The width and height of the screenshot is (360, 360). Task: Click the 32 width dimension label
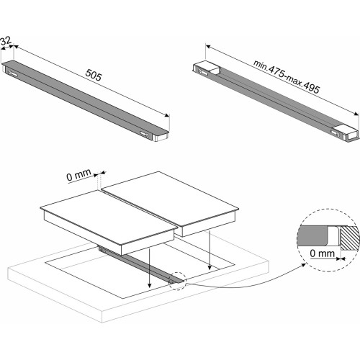point(6,41)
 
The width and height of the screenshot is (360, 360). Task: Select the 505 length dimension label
point(94,75)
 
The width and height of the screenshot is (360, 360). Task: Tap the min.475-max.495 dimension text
point(287,76)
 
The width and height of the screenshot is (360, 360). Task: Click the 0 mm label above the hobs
point(79,175)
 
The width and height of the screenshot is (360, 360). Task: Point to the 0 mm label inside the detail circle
point(322,253)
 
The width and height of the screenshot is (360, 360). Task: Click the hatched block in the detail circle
point(349,238)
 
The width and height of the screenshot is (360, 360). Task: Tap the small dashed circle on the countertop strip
point(178,281)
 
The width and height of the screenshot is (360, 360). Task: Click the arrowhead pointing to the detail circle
point(303,265)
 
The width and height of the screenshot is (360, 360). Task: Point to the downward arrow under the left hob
point(150,268)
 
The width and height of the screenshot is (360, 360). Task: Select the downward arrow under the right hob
point(210,250)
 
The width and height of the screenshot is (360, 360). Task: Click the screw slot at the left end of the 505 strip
point(13,73)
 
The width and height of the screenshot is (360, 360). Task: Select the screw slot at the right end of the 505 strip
point(145,134)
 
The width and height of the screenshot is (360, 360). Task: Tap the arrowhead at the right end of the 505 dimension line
point(167,115)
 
